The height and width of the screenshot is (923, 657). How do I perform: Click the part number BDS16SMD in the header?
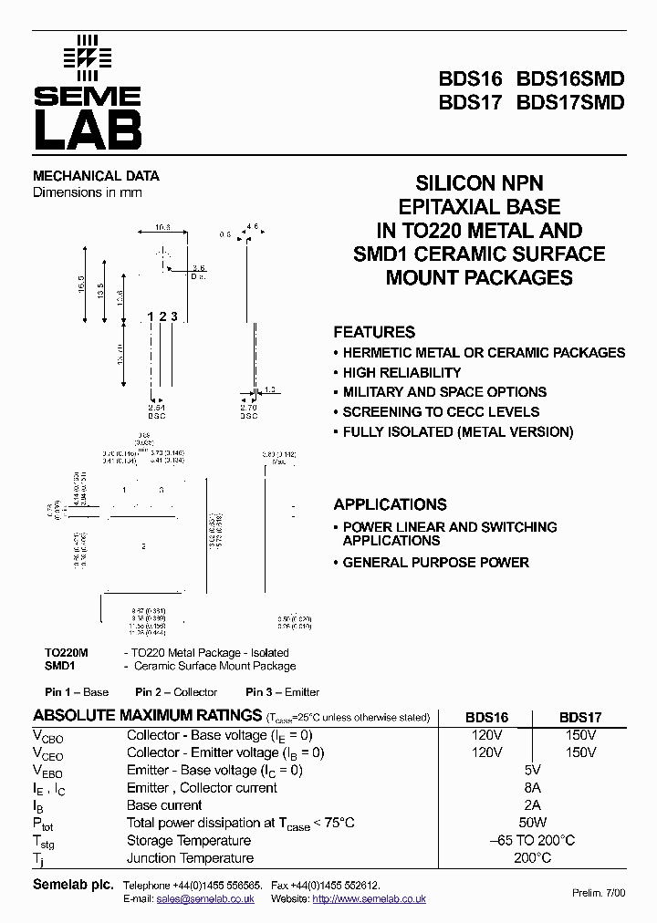pos(570,78)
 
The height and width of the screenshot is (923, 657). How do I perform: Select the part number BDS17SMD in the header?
pos(570,103)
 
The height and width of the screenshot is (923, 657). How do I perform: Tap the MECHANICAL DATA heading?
pos(96,176)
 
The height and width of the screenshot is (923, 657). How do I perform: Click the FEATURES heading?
pos(374,332)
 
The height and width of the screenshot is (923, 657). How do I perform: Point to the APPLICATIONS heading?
pos(390,504)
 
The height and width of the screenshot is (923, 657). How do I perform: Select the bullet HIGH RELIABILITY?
pos(401,372)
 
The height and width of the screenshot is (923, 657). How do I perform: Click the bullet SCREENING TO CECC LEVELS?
pos(441,412)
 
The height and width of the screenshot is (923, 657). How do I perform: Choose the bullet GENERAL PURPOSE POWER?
pos(435,563)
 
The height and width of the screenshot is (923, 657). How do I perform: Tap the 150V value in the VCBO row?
pos(580,735)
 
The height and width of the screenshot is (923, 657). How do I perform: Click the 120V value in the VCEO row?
pos(487,752)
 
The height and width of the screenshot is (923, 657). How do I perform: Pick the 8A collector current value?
pos(533,788)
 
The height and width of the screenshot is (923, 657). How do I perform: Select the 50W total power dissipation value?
pos(533,823)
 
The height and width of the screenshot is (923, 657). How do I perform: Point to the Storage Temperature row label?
pos(189,841)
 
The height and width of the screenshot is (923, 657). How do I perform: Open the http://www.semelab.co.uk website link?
pos(370,898)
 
